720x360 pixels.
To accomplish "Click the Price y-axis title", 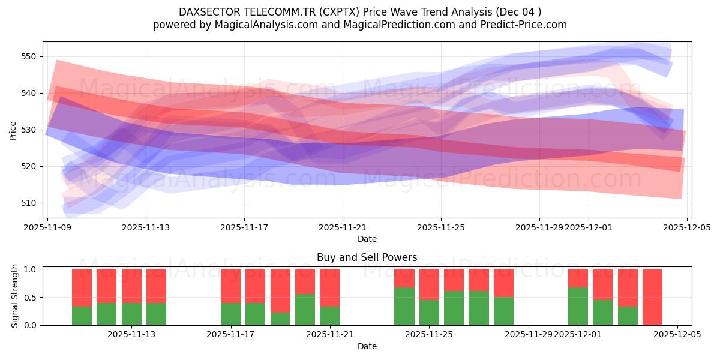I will coord(13,130).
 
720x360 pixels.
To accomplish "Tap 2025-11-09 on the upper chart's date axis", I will coord(47,227).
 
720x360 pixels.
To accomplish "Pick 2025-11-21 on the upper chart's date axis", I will coord(343,227).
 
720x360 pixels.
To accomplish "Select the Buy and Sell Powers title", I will coord(367,258).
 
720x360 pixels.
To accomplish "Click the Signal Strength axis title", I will coord(14,296).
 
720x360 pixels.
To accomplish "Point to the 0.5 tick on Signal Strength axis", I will coord(30,297).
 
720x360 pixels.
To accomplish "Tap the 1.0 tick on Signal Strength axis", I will coord(30,269).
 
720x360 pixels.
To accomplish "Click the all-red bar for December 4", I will coord(652,297).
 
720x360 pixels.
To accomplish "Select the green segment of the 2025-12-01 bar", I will coord(578,307).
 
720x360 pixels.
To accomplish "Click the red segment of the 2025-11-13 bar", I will coord(156,286).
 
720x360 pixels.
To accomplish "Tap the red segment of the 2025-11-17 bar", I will coord(230,286).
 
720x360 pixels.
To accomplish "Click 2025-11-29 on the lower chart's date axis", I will coord(529,334).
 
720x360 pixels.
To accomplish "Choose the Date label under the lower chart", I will coord(367,346).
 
